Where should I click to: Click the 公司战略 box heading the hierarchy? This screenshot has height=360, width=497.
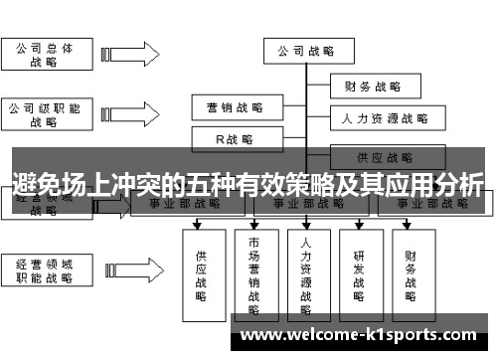[304, 51]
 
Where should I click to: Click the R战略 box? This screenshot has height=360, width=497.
[235, 139]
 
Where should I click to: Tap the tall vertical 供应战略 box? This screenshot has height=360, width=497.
[201, 269]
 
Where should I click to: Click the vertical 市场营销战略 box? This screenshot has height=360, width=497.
[253, 269]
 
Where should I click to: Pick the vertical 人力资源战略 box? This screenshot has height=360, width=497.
[306, 269]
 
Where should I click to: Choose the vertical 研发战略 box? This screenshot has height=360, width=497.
[359, 269]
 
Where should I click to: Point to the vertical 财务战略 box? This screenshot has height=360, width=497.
[412, 269]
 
